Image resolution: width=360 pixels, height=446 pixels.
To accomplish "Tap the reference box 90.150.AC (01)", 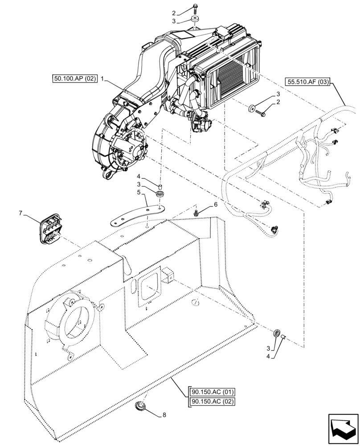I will click(211, 392).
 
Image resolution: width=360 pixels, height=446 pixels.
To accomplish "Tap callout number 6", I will click(216, 205).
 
